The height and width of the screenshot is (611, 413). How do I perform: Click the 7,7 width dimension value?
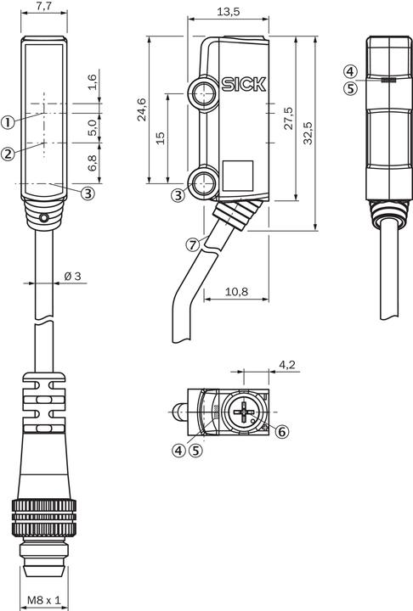tap(43, 6)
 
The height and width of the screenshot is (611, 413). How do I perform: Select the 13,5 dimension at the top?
tap(228, 11)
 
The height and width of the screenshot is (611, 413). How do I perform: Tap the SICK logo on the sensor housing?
tap(244, 84)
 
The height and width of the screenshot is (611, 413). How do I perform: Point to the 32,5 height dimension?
tap(308, 133)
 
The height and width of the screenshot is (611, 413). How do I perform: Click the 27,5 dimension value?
tap(288, 118)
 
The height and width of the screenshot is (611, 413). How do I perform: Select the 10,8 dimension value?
tap(236, 291)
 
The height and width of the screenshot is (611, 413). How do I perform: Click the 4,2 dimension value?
tap(287, 364)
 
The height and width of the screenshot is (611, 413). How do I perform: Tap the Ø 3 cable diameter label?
tap(72, 276)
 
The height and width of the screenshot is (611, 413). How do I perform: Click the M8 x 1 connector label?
tap(44, 600)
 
